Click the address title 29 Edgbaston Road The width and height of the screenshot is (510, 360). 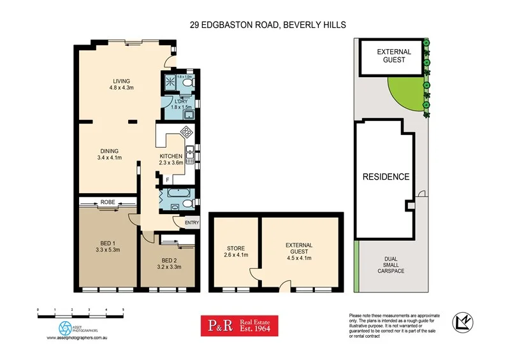(267, 25)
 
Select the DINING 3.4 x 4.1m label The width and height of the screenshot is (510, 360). (109, 154)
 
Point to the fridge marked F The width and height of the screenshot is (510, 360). (168, 180)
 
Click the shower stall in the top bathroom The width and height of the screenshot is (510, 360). (171, 81)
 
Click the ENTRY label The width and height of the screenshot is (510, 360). (192, 222)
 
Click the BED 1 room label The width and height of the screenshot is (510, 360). (107, 246)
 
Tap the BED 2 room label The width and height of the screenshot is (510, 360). (169, 264)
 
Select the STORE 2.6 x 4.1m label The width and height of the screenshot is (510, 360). (237, 252)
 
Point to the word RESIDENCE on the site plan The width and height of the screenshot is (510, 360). (386, 177)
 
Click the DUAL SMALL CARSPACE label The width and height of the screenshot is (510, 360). (390, 265)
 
